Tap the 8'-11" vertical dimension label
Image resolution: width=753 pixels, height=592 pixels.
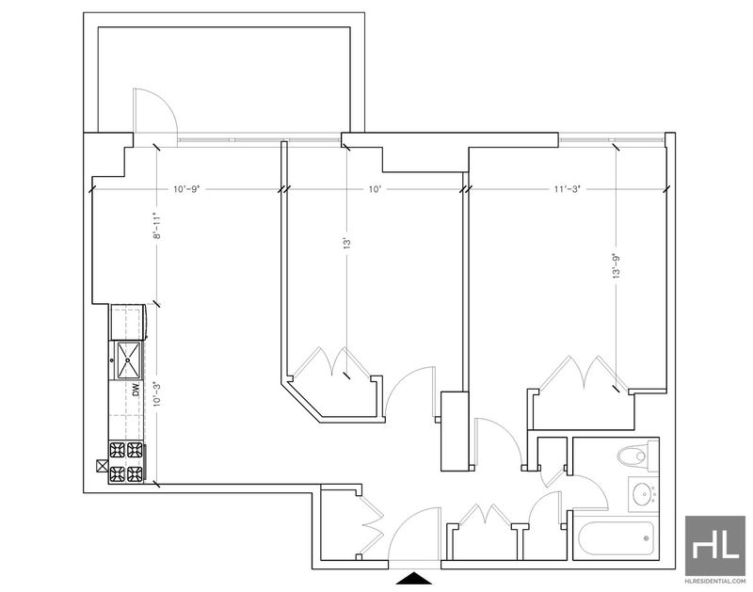pyautogui.click(x=155, y=226)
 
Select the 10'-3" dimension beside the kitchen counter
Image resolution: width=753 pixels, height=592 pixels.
pyautogui.click(x=155, y=394)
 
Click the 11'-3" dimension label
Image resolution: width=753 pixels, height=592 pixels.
pyautogui.click(x=568, y=189)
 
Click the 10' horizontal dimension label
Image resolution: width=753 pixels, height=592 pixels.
pyautogui.click(x=375, y=189)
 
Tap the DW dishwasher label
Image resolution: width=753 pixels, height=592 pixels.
pyautogui.click(x=136, y=390)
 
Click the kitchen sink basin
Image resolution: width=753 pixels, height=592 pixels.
pyautogui.click(x=129, y=360)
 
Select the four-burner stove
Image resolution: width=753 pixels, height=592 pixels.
pyautogui.click(x=127, y=462)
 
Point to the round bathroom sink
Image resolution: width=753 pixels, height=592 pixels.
pyautogui.click(x=643, y=494)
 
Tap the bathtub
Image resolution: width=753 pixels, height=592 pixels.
pyautogui.click(x=616, y=537)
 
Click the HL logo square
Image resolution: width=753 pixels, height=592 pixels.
pyautogui.click(x=715, y=546)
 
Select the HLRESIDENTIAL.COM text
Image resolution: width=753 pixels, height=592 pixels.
pyautogui.click(x=715, y=581)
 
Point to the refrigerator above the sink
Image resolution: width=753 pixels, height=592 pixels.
pyautogui.click(x=129, y=322)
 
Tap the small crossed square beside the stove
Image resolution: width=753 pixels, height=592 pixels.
pyautogui.click(x=103, y=466)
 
